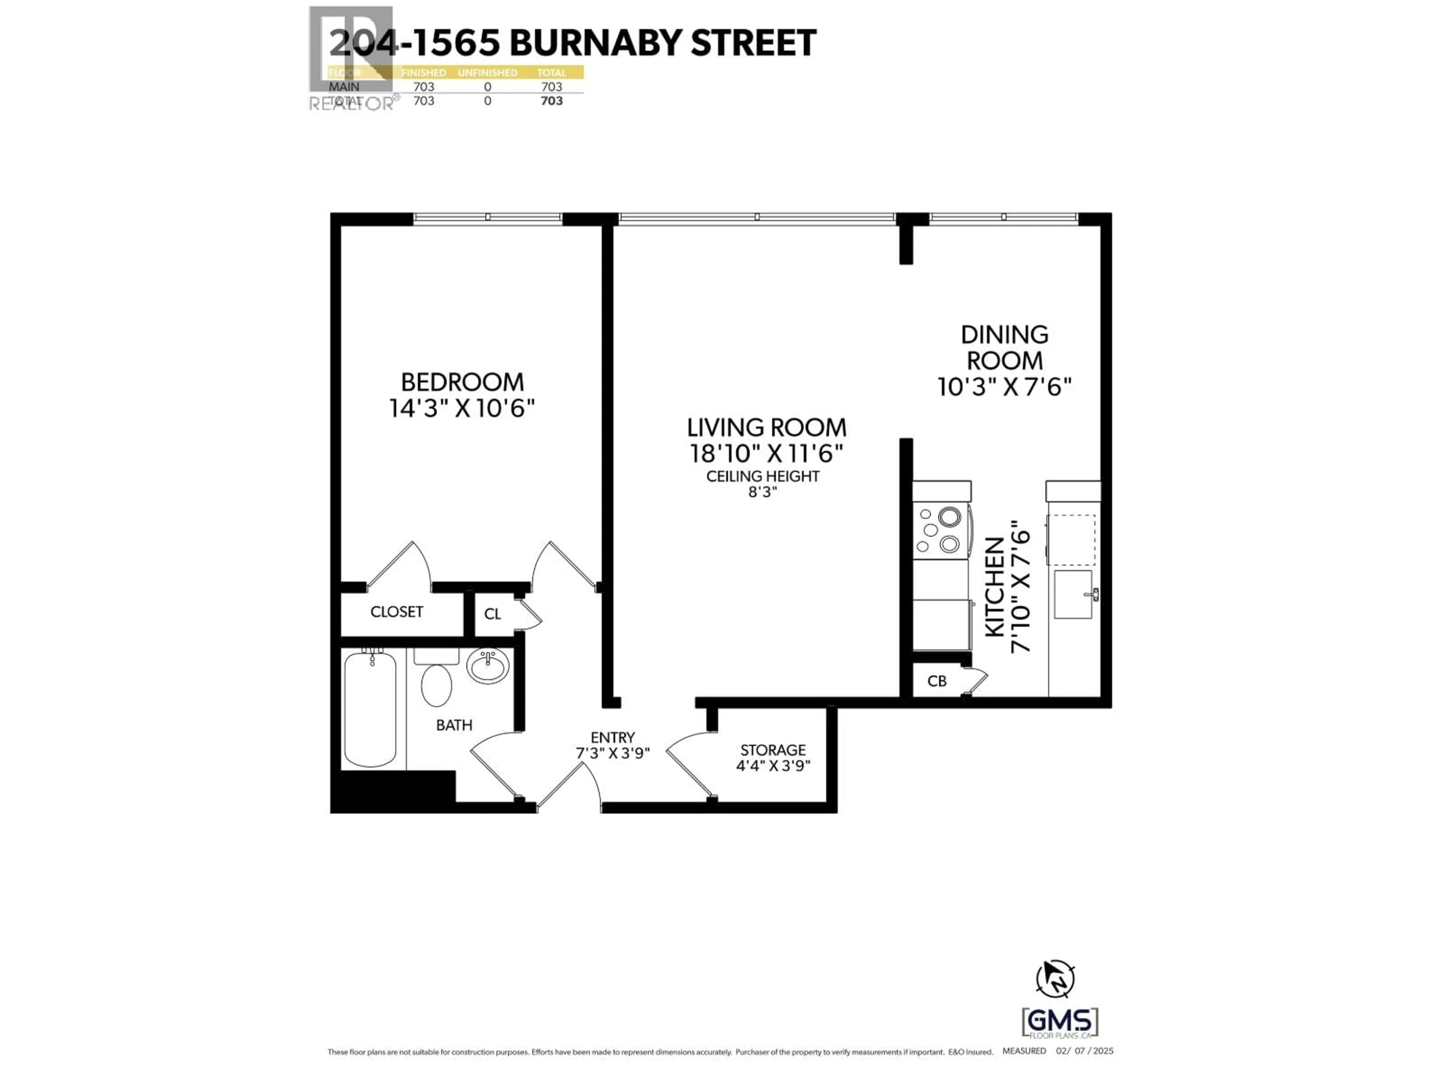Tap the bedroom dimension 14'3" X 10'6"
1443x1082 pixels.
[462, 409]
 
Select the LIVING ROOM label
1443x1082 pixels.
[767, 428]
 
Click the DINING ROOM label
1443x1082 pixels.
[1004, 348]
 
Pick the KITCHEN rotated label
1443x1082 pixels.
[994, 587]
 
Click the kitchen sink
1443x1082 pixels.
[1073, 594]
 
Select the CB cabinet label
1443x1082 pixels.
[937, 681]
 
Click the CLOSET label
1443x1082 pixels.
[396, 612]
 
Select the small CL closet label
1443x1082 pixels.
[493, 614]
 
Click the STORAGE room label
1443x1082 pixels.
[773, 750]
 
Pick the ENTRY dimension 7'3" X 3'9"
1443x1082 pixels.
[613, 753]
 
